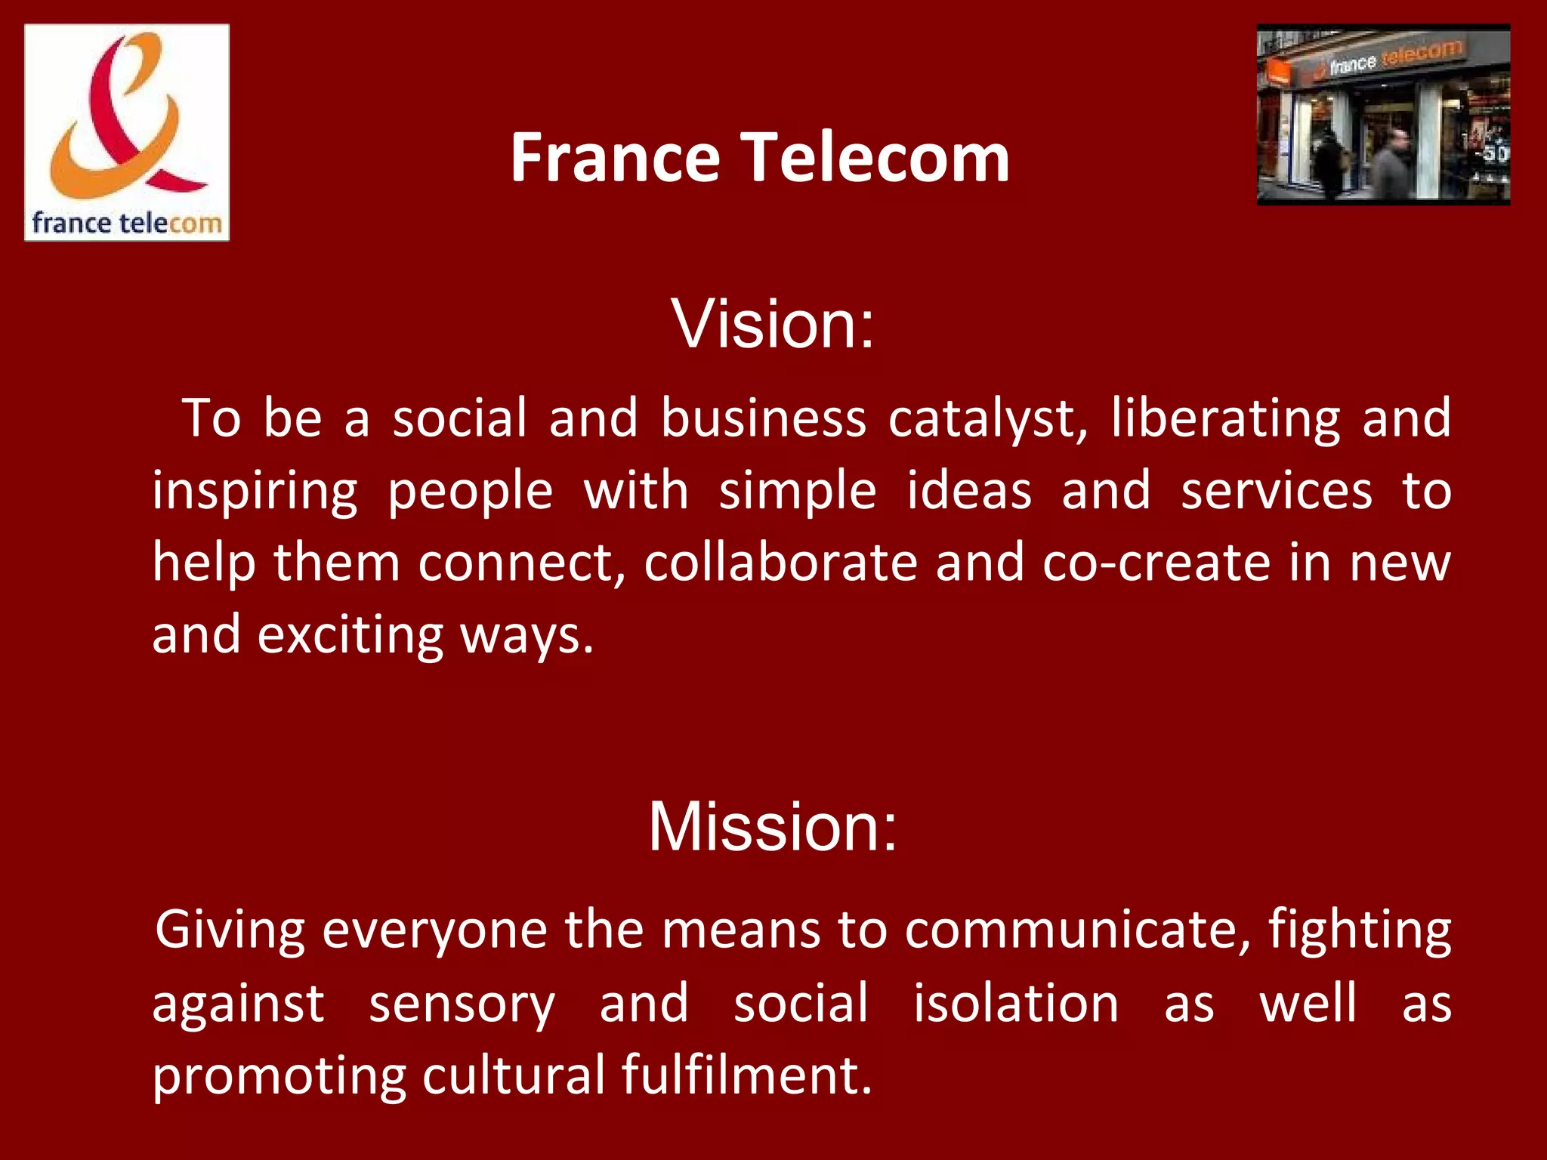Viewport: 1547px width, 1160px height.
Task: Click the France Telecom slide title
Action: coord(760,158)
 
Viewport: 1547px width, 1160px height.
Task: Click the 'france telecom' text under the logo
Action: coord(127,224)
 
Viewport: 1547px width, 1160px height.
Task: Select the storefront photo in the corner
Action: coord(1383,115)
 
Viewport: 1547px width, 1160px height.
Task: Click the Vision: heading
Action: coord(773,324)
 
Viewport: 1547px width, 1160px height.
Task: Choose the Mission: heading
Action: coord(773,828)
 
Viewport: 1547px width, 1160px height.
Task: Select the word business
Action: coord(763,418)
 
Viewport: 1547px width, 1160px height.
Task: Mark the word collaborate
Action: coord(780,563)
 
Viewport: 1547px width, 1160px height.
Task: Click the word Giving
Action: coord(230,930)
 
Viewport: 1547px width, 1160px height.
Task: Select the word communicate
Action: coord(1077,930)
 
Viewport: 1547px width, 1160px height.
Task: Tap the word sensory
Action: coord(462,1004)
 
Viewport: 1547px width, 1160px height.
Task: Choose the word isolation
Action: coord(1016,1004)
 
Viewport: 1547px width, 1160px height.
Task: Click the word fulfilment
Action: coord(746,1075)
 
